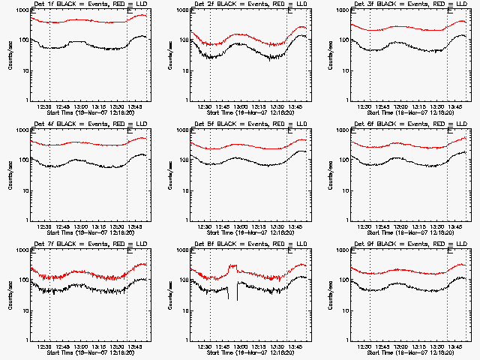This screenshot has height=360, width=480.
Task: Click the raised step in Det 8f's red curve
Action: click(233, 266)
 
